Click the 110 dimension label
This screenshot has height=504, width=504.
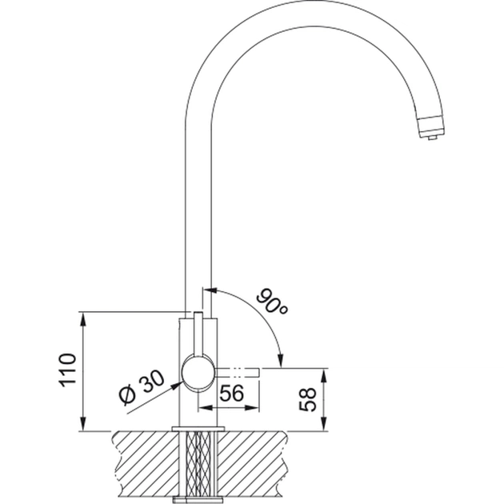click(67, 370)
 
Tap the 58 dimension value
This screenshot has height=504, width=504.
click(308, 399)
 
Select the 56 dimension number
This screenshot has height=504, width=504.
click(232, 393)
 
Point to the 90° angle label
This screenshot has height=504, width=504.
click(272, 302)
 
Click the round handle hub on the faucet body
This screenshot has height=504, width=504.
click(198, 373)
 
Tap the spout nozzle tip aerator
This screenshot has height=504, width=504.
click(432, 128)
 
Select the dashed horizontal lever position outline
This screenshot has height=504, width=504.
click(237, 373)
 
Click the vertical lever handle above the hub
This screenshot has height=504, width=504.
click(198, 334)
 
